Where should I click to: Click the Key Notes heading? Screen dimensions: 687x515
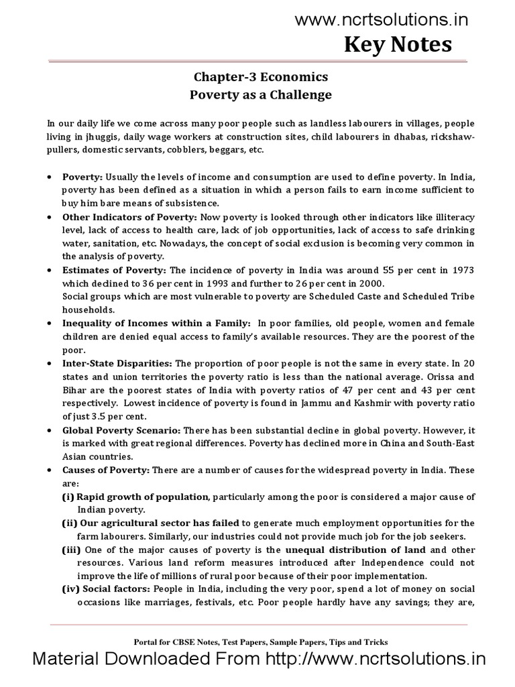tap(398, 45)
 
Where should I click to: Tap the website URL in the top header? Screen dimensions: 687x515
tap(382, 20)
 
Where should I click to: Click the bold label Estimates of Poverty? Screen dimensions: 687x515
tap(114, 270)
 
